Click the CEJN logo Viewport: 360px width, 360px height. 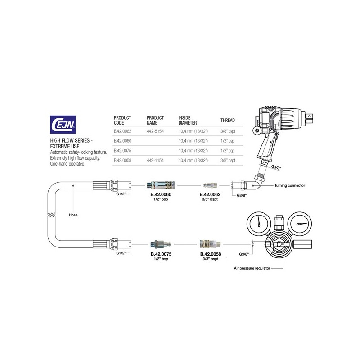63,125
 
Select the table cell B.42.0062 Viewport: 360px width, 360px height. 122,131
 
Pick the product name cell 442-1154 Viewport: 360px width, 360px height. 155,160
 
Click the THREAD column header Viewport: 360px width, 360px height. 228,120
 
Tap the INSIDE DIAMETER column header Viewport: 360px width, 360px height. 188,120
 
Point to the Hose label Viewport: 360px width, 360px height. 73,215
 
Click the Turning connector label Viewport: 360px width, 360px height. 289,185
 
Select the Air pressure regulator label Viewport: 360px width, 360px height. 252,268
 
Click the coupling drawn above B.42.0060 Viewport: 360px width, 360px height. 161,184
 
